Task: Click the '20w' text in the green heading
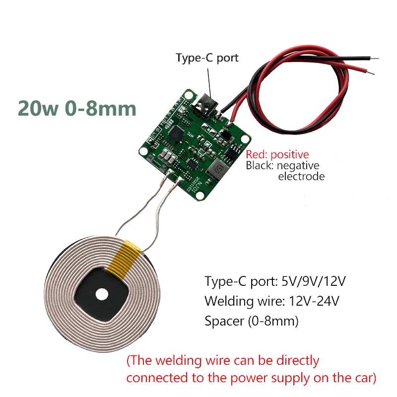tap(38, 108)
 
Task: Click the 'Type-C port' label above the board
tap(207, 58)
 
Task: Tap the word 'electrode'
tap(301, 176)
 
